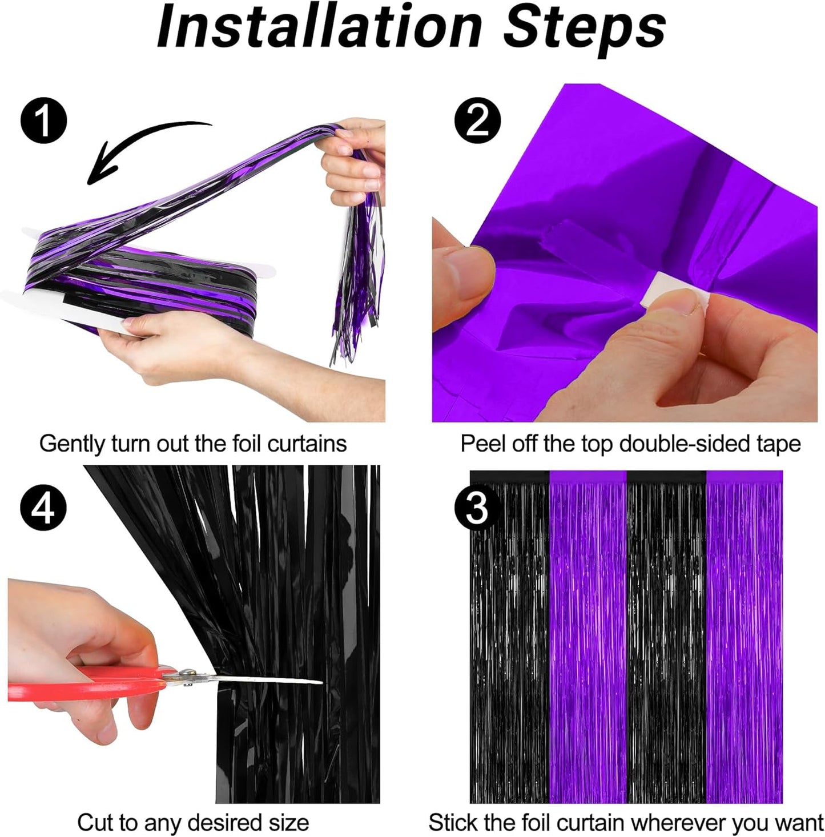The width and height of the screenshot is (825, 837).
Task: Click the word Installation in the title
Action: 319,27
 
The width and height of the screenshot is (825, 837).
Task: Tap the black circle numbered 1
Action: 43,121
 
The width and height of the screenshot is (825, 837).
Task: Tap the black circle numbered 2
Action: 477,121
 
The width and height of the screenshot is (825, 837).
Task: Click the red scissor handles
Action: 86,683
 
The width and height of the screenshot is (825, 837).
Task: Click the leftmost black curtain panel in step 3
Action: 509,639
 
